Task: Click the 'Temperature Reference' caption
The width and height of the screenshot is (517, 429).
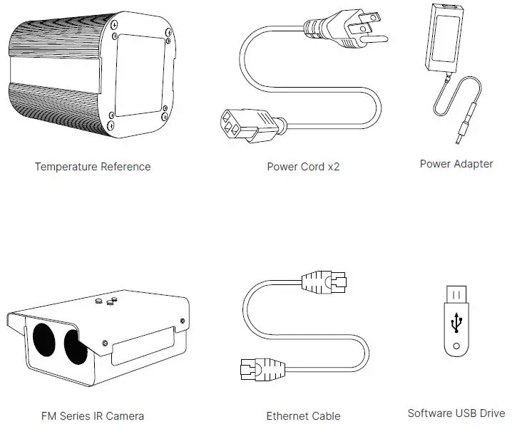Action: [93, 167]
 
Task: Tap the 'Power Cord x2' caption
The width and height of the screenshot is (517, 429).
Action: [304, 167]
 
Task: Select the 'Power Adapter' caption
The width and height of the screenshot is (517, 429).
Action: [456, 164]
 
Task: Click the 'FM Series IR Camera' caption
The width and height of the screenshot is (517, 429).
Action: [93, 415]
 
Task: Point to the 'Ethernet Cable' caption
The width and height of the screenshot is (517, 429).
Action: [303, 415]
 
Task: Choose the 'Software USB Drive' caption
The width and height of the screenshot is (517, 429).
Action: [456, 413]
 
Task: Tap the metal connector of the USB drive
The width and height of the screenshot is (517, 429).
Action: [456, 294]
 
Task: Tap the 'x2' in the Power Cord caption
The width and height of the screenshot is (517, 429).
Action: [334, 167]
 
